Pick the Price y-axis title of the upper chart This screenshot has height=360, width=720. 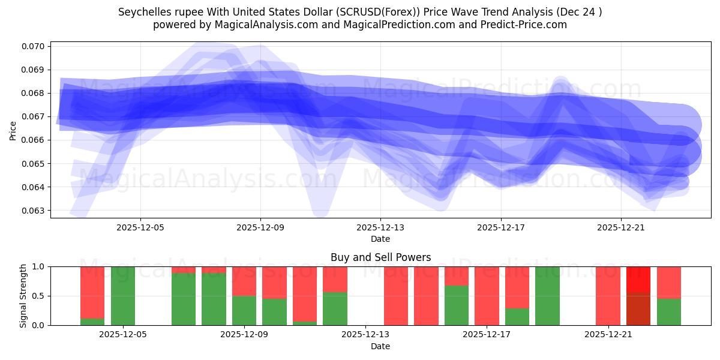[x=13, y=130]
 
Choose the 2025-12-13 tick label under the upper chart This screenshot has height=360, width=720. [x=380, y=228]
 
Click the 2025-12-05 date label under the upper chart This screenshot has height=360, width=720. [x=140, y=228]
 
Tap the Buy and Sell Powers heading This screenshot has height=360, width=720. [x=380, y=257]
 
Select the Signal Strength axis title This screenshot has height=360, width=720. [x=24, y=296]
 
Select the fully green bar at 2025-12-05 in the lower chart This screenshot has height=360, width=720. [x=123, y=296]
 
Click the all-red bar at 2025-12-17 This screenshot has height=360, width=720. [x=487, y=296]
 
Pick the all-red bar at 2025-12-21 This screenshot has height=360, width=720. [x=608, y=296]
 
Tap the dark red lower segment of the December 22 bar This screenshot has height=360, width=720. [x=638, y=309]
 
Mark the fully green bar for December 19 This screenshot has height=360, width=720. [x=547, y=296]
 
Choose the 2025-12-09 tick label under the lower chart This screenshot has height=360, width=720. [x=244, y=335]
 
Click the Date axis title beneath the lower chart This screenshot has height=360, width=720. [x=380, y=346]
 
